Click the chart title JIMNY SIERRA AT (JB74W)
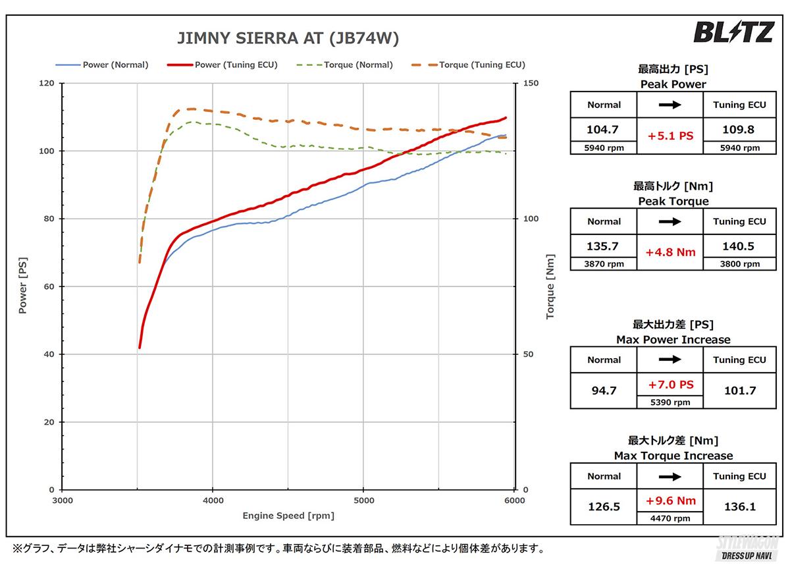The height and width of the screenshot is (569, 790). pyautogui.click(x=288, y=39)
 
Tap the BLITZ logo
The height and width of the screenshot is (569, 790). pyautogui.click(x=733, y=32)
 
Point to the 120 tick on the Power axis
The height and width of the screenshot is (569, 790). pyautogui.click(x=47, y=84)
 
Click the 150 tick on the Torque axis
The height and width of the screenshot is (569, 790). pyautogui.click(x=531, y=84)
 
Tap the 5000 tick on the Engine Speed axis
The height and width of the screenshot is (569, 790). pyautogui.click(x=363, y=501)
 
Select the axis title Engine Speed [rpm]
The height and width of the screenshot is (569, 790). pyautogui.click(x=288, y=516)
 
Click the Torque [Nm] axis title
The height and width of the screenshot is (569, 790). pyautogui.click(x=550, y=287)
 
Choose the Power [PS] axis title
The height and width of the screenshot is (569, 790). pyautogui.click(x=23, y=287)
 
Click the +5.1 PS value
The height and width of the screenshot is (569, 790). pyautogui.click(x=670, y=136)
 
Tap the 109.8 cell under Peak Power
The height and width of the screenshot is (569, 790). pyautogui.click(x=739, y=130)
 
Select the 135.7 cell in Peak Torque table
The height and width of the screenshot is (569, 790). pyautogui.click(x=604, y=246)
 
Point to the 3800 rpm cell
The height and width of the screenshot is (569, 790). pyautogui.click(x=739, y=264)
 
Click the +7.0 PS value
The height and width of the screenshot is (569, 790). pyautogui.click(x=670, y=384)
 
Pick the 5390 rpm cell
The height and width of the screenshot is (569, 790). pyautogui.click(x=670, y=402)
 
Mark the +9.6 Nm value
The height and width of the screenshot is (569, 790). pyautogui.click(x=670, y=501)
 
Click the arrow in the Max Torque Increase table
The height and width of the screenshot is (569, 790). pyautogui.click(x=670, y=476)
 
